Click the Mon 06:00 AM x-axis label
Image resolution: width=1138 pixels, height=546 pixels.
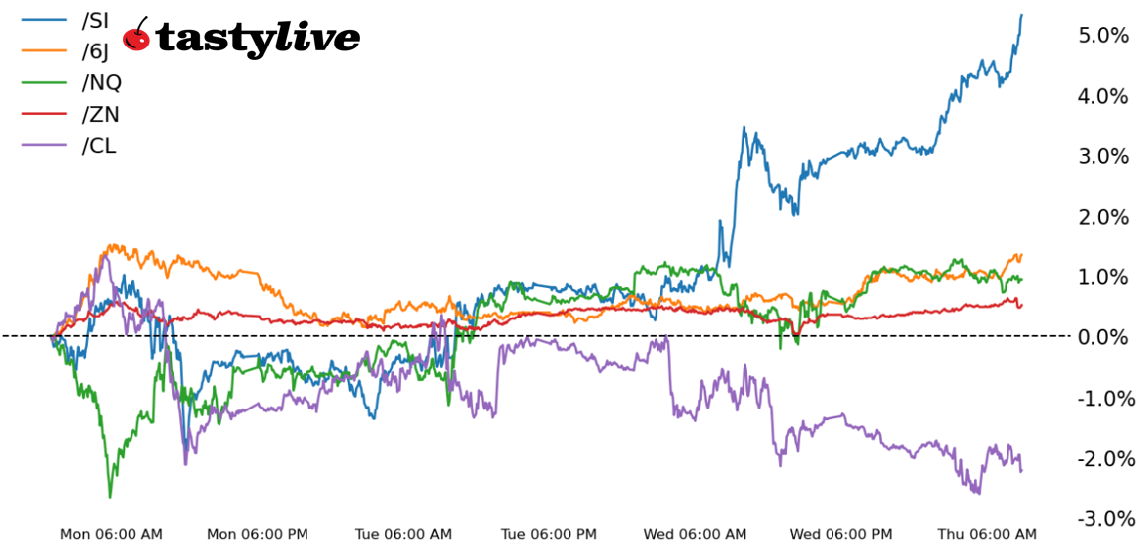tap(112, 534)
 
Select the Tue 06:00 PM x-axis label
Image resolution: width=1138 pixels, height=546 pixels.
tap(550, 534)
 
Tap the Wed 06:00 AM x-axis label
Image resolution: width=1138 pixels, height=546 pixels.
tap(695, 534)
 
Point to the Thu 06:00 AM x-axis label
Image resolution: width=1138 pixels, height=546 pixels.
tap(988, 534)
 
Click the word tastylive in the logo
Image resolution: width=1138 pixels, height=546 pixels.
tap(257, 38)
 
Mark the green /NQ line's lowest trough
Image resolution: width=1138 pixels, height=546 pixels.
tap(110, 496)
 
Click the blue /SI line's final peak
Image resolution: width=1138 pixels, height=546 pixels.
tap(1021, 15)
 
